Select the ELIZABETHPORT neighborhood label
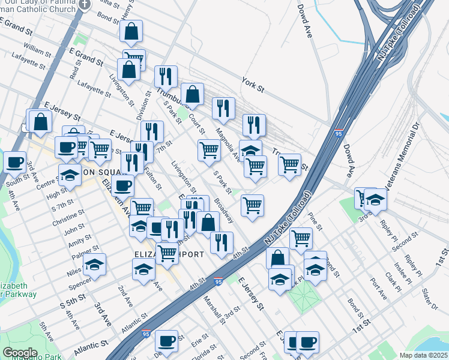click(169, 254)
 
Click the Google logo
click(20, 352)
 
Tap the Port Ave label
click(378, 284)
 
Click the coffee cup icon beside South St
click(15, 161)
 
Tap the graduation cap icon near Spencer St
click(94, 264)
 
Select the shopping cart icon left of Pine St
click(301, 238)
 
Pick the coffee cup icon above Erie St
click(166, 340)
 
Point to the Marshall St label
click(214, 308)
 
